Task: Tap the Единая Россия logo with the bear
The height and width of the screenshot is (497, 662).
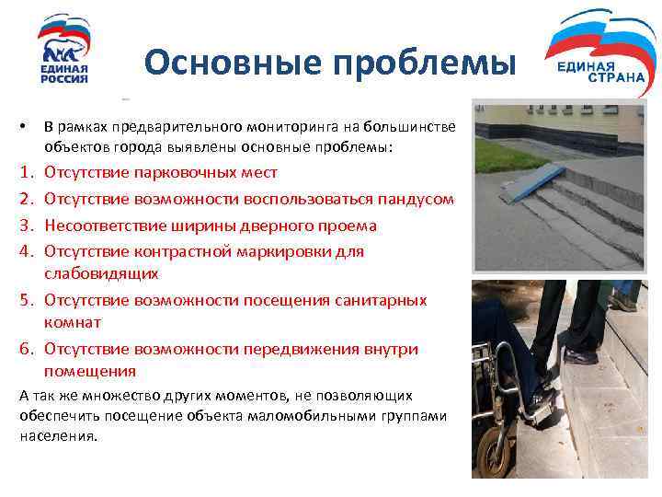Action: pyautogui.click(x=64, y=51)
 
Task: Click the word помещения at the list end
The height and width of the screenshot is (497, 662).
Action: pyautogui.click(x=90, y=372)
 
